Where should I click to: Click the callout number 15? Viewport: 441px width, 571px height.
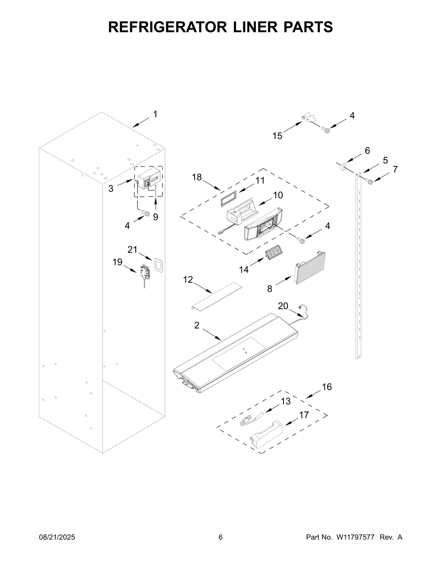point(277,136)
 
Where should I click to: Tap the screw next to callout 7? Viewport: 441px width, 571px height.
point(369,181)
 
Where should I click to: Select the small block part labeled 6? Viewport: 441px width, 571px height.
point(343,167)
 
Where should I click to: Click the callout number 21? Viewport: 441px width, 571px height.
point(132,250)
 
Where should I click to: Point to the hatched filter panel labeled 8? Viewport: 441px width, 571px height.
point(310,268)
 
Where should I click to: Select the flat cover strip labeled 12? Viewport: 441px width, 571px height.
point(216,296)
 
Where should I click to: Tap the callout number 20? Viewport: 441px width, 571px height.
point(283,306)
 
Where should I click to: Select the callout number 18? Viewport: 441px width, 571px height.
point(197,177)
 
